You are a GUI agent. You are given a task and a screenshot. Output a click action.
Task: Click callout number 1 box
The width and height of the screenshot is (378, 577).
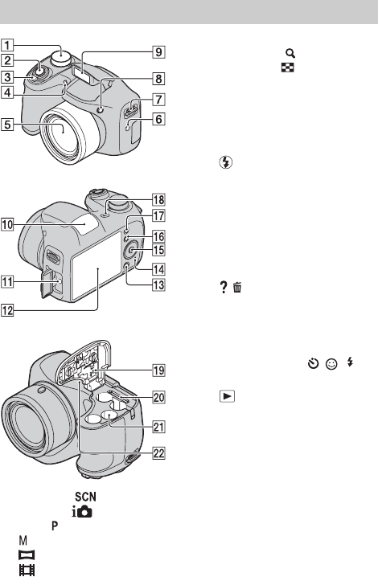pos(7,45)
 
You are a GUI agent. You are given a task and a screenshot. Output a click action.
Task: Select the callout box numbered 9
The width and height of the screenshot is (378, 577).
pos(158,52)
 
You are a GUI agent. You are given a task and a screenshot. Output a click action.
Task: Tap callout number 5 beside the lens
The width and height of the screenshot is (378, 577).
pos(7,125)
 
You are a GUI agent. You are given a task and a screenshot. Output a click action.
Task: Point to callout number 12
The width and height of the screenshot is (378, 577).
pos(7,310)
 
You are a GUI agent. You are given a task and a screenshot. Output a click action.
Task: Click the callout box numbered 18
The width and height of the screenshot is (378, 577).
pos(158,200)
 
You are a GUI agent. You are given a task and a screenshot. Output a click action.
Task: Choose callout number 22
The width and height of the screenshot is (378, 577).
pos(158,453)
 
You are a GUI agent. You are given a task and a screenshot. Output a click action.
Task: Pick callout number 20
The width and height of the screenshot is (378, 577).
pos(158,398)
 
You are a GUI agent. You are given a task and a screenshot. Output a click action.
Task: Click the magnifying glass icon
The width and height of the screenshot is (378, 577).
pos(290,54)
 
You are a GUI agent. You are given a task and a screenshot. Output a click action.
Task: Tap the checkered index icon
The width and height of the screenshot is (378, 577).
pos(288,68)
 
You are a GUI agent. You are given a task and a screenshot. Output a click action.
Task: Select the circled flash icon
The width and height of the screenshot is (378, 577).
pos(226,162)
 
